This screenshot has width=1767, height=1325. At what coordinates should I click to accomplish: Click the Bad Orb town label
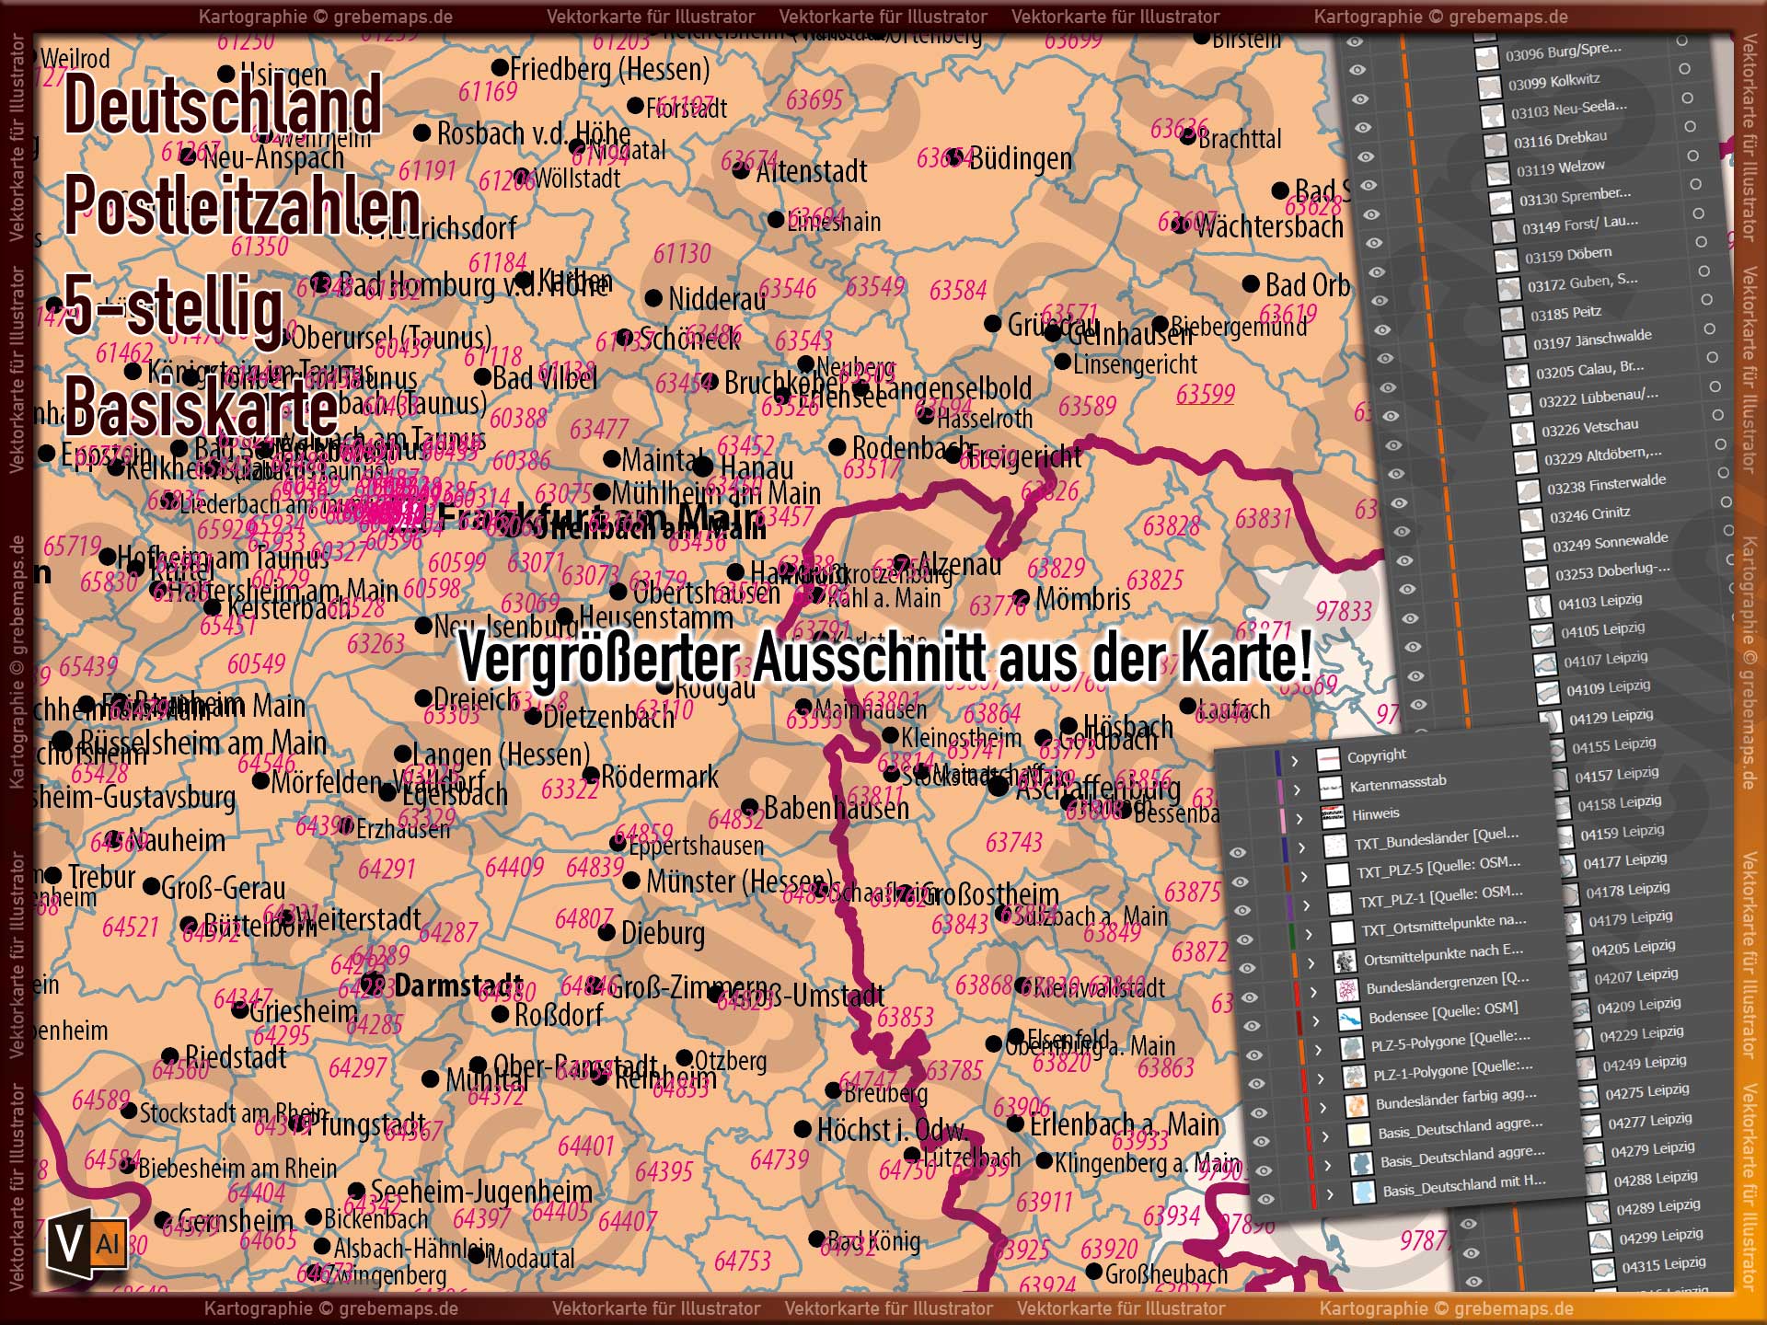point(1307,285)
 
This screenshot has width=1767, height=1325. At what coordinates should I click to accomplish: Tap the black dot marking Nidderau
point(653,298)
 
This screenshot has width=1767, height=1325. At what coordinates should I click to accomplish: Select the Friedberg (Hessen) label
point(609,69)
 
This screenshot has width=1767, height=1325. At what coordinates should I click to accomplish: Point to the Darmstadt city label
point(457,986)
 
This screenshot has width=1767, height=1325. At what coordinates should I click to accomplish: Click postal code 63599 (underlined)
point(1205,394)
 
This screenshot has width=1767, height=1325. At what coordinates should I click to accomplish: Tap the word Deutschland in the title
point(222,104)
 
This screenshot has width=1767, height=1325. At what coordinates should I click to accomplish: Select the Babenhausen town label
point(836,808)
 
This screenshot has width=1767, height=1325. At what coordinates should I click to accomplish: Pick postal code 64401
point(585,1146)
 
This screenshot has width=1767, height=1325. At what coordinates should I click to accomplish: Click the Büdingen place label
point(1020,159)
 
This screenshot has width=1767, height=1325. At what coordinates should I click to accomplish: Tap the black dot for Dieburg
point(606,933)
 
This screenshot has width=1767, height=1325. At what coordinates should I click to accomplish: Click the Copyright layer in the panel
point(1377,755)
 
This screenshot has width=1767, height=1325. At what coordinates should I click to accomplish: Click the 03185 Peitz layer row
point(1565,313)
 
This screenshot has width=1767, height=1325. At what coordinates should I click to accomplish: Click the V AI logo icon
point(87,1245)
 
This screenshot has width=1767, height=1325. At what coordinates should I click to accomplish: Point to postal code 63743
point(1013,842)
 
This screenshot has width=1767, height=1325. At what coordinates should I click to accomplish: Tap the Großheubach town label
point(1166,1273)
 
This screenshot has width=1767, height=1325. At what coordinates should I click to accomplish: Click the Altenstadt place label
point(811,172)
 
